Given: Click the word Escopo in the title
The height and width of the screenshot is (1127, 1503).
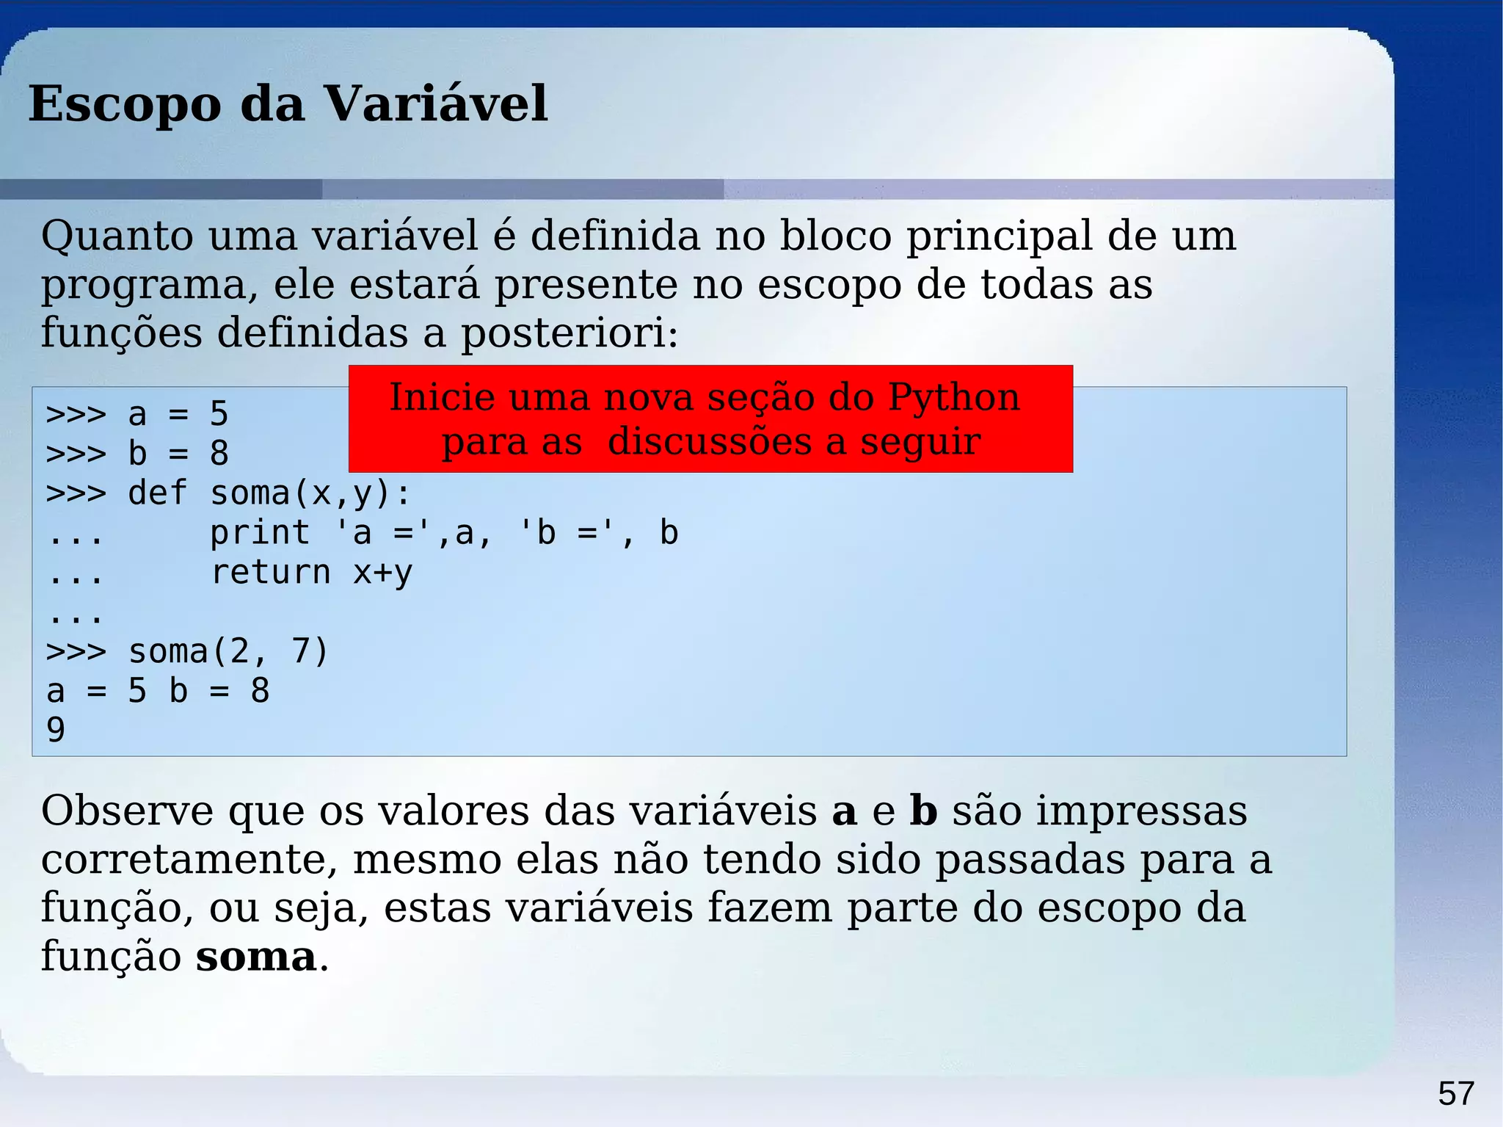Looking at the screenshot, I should click(x=124, y=104).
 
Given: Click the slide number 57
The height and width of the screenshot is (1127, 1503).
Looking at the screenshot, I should click(x=1455, y=1093).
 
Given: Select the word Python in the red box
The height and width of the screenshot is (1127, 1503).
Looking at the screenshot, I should click(x=953, y=399).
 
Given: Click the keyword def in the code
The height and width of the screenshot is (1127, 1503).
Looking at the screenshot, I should click(x=158, y=493).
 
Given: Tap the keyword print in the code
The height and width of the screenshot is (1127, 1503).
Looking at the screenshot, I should click(x=260, y=533).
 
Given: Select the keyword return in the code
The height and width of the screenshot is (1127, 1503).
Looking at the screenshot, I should click(x=270, y=573).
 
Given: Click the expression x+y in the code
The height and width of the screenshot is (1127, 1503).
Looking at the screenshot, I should click(x=383, y=573).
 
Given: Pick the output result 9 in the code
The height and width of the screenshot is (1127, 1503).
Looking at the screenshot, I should click(x=56, y=730).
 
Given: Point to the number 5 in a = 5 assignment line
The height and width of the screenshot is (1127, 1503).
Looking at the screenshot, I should click(x=219, y=414).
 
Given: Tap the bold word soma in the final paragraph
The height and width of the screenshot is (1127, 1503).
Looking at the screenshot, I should click(x=255, y=957).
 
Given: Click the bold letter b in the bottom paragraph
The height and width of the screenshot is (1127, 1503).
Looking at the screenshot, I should click(x=923, y=811).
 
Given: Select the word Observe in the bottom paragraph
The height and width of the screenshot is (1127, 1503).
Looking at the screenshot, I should click(x=127, y=811).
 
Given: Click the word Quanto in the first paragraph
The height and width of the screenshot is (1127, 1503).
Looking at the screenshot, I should click(x=117, y=236).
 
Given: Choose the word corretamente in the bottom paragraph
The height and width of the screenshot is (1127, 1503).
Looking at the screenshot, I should click(x=189, y=860).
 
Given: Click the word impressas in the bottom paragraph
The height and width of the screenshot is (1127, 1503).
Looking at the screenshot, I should click(x=1141, y=811).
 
